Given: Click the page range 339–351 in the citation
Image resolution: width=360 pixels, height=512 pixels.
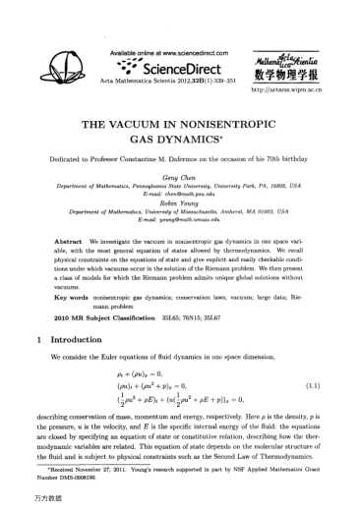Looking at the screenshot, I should [x=232, y=80].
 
